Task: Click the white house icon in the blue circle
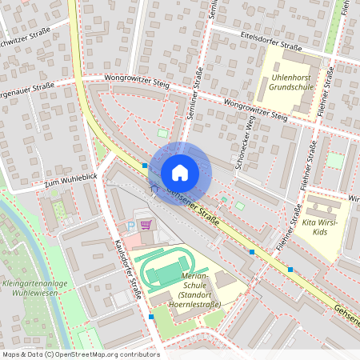tap(180, 172)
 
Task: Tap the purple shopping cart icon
tap(146, 225)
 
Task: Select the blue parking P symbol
tap(131, 227)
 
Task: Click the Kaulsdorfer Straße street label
tap(129, 269)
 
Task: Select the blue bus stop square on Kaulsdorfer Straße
tap(151, 317)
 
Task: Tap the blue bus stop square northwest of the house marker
tap(145, 165)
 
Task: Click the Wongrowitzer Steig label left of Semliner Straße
tap(137, 80)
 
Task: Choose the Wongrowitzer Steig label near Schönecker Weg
tap(255, 110)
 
